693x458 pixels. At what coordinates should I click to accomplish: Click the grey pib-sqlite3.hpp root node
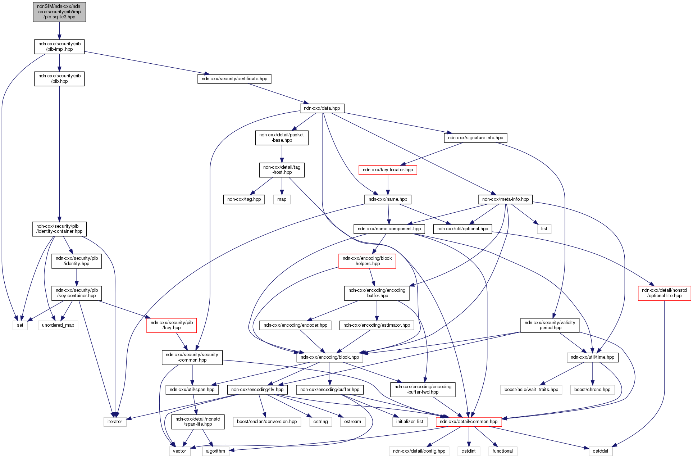click(59, 12)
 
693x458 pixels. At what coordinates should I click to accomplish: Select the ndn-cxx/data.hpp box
click(322, 108)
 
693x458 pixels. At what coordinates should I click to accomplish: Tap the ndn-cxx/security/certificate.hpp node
click(234, 79)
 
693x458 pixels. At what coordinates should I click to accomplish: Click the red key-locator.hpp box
click(388, 170)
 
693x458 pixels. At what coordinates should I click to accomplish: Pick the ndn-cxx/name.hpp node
click(388, 199)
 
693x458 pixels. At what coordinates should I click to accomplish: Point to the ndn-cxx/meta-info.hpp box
click(505, 199)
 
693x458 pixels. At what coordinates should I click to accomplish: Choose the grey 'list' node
click(544, 229)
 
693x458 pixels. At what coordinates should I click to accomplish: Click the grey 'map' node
click(282, 199)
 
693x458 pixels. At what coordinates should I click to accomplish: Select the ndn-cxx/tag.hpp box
click(244, 199)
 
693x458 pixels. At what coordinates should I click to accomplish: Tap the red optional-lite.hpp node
click(664, 293)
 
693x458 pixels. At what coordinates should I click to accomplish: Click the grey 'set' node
click(20, 325)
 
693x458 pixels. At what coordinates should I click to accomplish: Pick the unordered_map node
click(58, 325)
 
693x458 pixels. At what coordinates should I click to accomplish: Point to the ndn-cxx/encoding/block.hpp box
click(330, 357)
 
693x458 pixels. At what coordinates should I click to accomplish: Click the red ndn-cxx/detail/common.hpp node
click(469, 422)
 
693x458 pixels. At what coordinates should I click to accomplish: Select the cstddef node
click(600, 451)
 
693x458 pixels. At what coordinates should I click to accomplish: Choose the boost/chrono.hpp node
click(592, 390)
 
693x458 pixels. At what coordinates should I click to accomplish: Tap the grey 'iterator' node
click(115, 422)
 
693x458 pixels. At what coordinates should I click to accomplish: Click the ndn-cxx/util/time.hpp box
click(592, 357)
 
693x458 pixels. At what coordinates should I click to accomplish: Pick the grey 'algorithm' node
click(215, 451)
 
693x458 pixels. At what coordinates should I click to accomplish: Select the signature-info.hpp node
click(475, 138)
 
